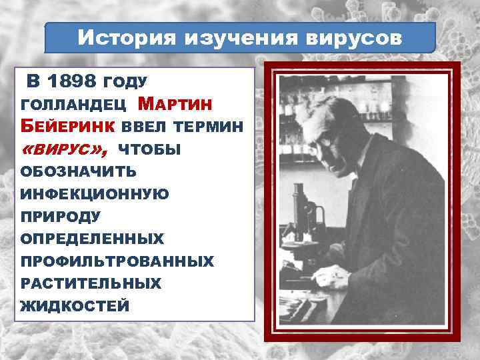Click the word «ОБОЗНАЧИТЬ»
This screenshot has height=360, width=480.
(79, 172)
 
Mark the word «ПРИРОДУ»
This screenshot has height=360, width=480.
(61, 217)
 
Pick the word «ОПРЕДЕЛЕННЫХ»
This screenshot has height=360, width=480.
(92, 239)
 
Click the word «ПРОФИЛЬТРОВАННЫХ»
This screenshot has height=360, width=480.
(117, 261)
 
